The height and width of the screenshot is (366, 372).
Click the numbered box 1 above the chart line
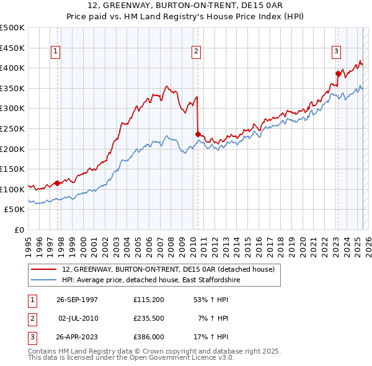(56, 52)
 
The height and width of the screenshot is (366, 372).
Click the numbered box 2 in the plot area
(196, 52)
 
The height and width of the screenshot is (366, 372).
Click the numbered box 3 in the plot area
(336, 52)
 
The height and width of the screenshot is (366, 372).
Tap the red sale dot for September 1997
(58, 183)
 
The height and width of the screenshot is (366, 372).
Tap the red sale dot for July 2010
(198, 134)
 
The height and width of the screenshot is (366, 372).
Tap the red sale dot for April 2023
(338, 73)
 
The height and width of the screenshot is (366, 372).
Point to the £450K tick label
(13, 48)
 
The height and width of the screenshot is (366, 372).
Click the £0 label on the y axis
(19, 230)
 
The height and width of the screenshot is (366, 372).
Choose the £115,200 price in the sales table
(148, 300)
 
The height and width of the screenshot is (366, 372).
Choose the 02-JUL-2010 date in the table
(77, 318)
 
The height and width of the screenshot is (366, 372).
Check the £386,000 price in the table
(148, 337)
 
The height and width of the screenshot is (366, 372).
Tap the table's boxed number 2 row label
(31, 318)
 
